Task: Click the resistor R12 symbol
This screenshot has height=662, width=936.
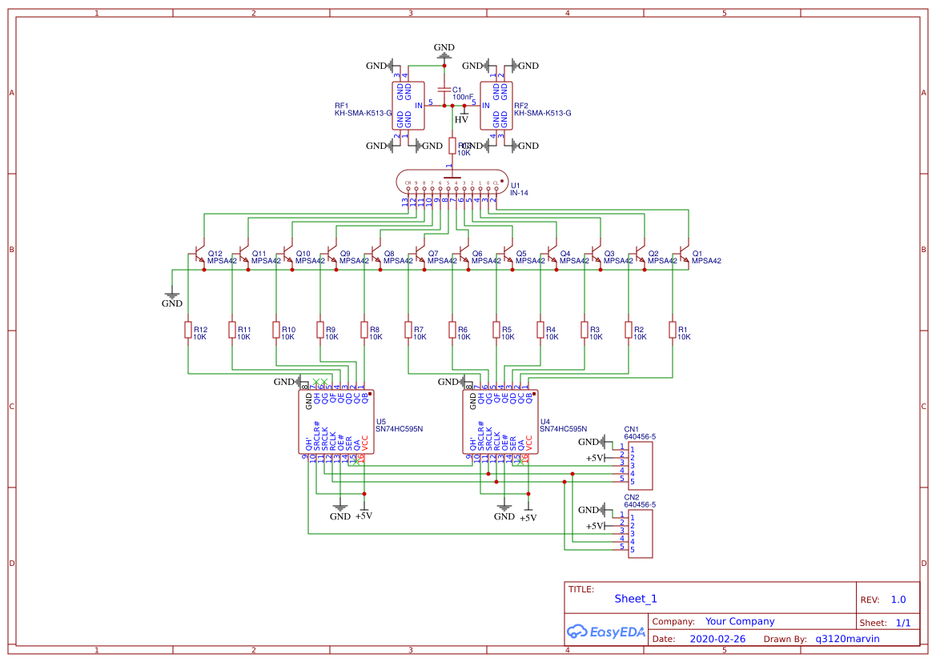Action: (x=188, y=330)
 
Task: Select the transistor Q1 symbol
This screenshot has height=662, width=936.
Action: (x=684, y=257)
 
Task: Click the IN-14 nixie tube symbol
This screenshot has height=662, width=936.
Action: (x=452, y=183)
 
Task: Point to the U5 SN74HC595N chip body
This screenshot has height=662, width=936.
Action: (x=337, y=422)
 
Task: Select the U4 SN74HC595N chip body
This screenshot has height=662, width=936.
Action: (x=501, y=422)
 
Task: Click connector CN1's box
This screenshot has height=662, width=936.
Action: (x=639, y=466)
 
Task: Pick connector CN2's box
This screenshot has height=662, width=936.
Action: (x=639, y=533)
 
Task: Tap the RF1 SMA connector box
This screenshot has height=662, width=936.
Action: (x=408, y=105)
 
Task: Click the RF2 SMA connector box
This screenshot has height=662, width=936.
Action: (x=496, y=105)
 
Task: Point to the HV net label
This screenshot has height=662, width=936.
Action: (x=461, y=120)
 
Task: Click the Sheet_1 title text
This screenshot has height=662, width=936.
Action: (x=636, y=599)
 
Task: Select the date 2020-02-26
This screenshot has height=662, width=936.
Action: (x=717, y=639)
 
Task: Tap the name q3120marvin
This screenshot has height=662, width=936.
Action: (x=847, y=639)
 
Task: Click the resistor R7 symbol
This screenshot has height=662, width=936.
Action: (x=408, y=330)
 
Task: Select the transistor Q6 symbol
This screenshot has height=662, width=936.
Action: (x=464, y=257)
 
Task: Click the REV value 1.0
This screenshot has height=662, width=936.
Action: (x=898, y=600)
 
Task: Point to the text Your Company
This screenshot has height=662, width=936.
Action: (x=740, y=621)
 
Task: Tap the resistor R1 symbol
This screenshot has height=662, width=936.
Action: (x=673, y=330)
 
